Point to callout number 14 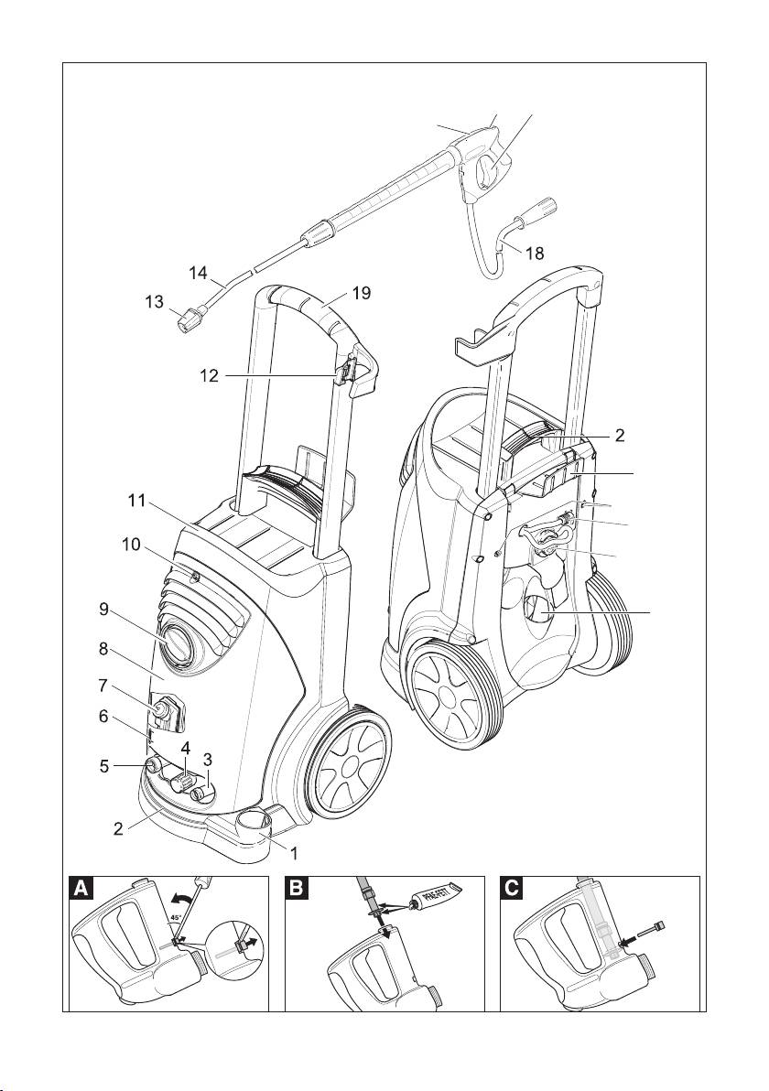200,273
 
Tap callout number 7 103,685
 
